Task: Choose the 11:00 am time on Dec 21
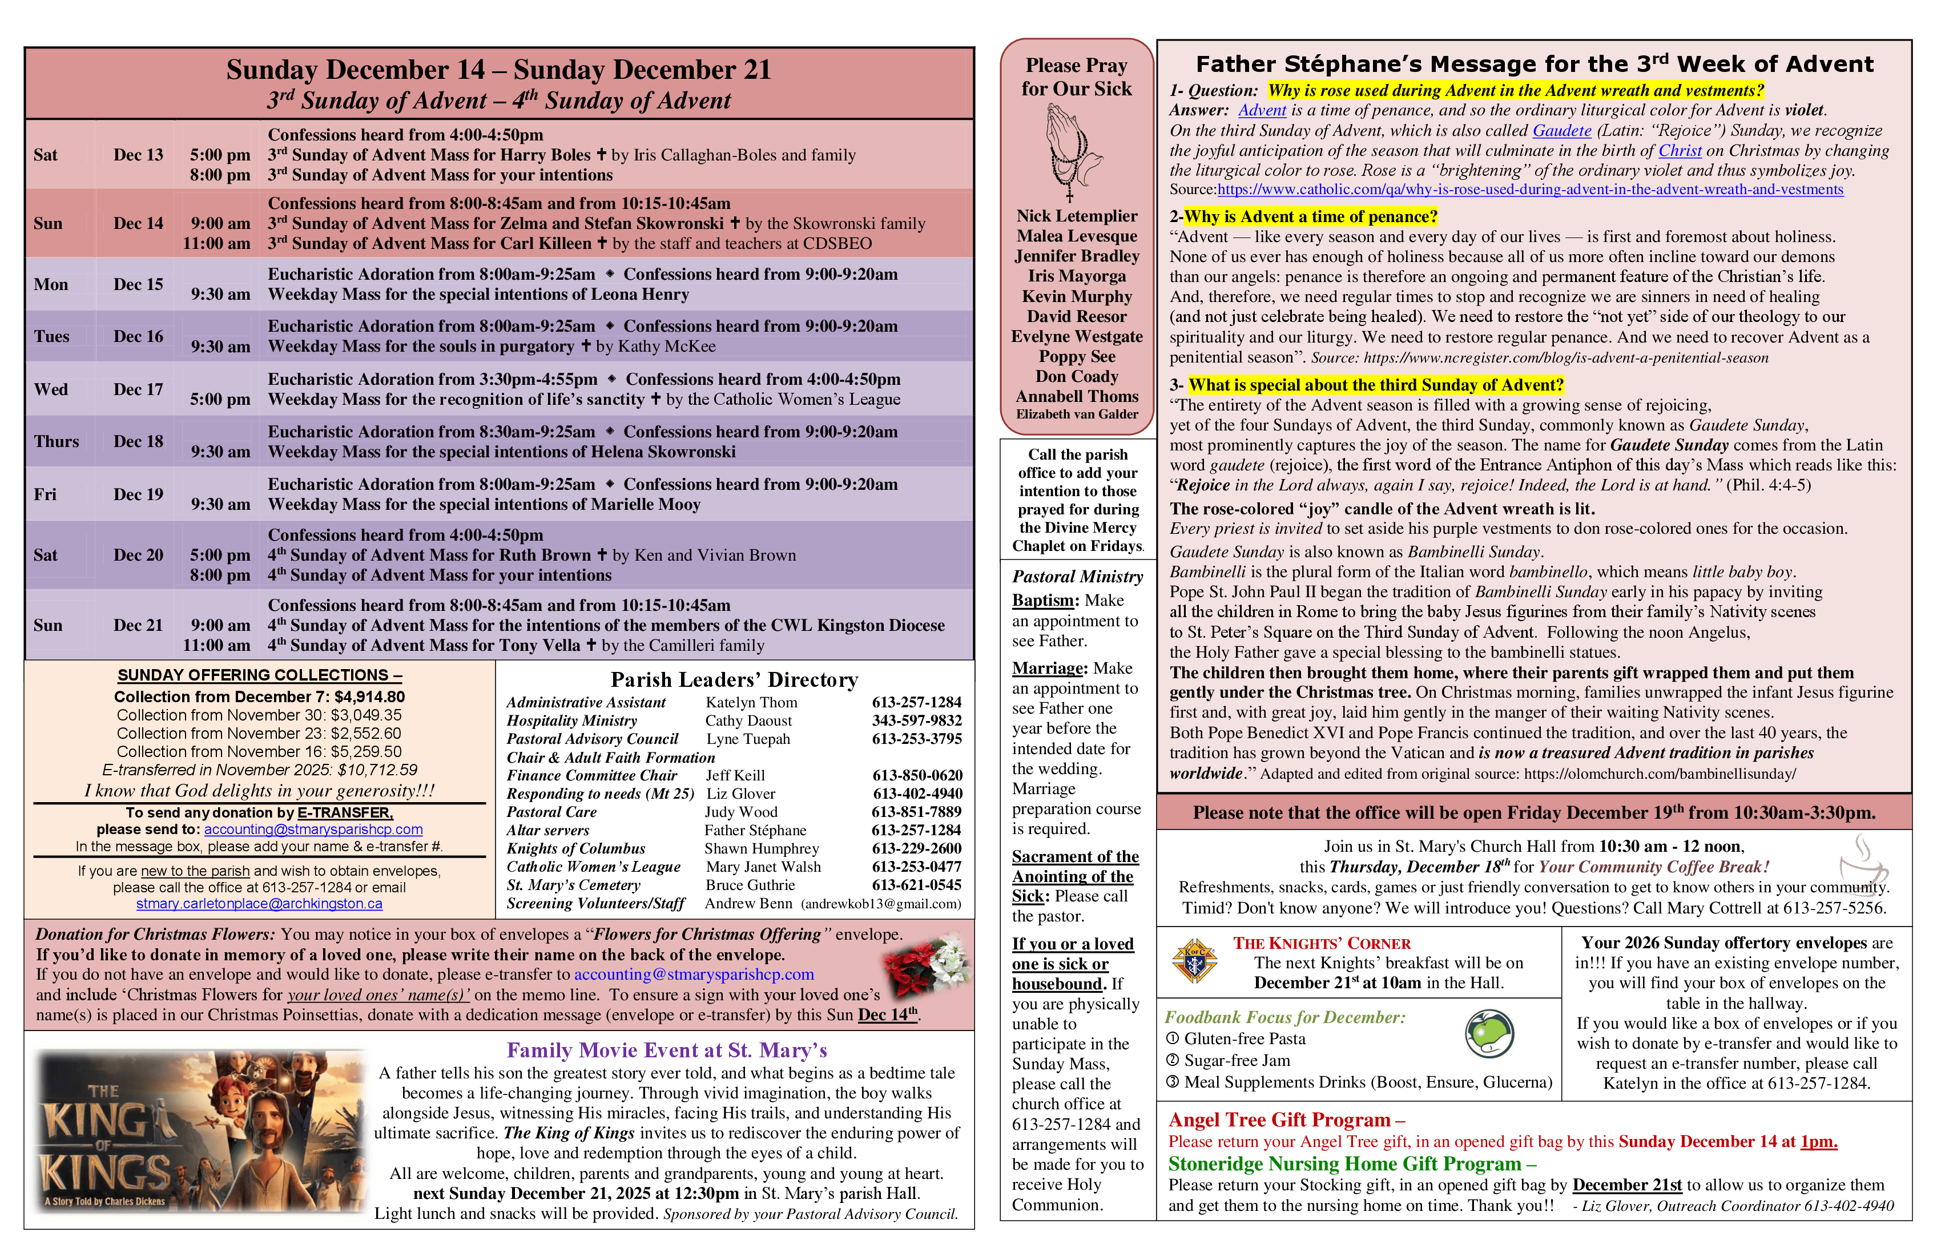click(216, 646)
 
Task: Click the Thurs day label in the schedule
click(57, 442)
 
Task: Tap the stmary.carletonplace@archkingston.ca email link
click(259, 904)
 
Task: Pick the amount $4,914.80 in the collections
click(369, 697)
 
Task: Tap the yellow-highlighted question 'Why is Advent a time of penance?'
click(1310, 217)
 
